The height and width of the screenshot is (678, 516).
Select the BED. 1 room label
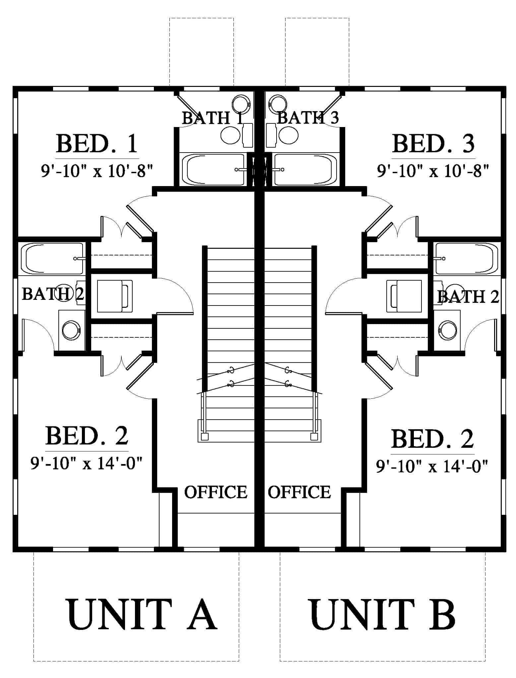click(x=97, y=143)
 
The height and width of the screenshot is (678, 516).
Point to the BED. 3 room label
click(x=433, y=143)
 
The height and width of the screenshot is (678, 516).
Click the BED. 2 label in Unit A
click(x=87, y=435)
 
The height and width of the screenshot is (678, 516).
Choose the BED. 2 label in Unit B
click(x=432, y=439)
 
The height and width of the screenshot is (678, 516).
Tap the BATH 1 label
click(x=213, y=118)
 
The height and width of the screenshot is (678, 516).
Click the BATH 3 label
click(x=308, y=117)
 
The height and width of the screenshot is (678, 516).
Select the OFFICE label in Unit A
click(x=216, y=492)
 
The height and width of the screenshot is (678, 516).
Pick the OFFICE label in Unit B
click(x=299, y=492)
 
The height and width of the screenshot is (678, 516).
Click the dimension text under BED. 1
click(x=97, y=171)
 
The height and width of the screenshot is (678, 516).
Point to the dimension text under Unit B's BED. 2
click(x=432, y=466)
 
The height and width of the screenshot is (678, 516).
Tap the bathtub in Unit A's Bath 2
click(x=52, y=259)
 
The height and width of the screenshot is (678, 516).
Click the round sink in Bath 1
click(x=241, y=103)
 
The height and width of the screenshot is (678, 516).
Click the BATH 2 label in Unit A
click(x=53, y=294)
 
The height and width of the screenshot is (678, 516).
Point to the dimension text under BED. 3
click(x=433, y=171)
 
